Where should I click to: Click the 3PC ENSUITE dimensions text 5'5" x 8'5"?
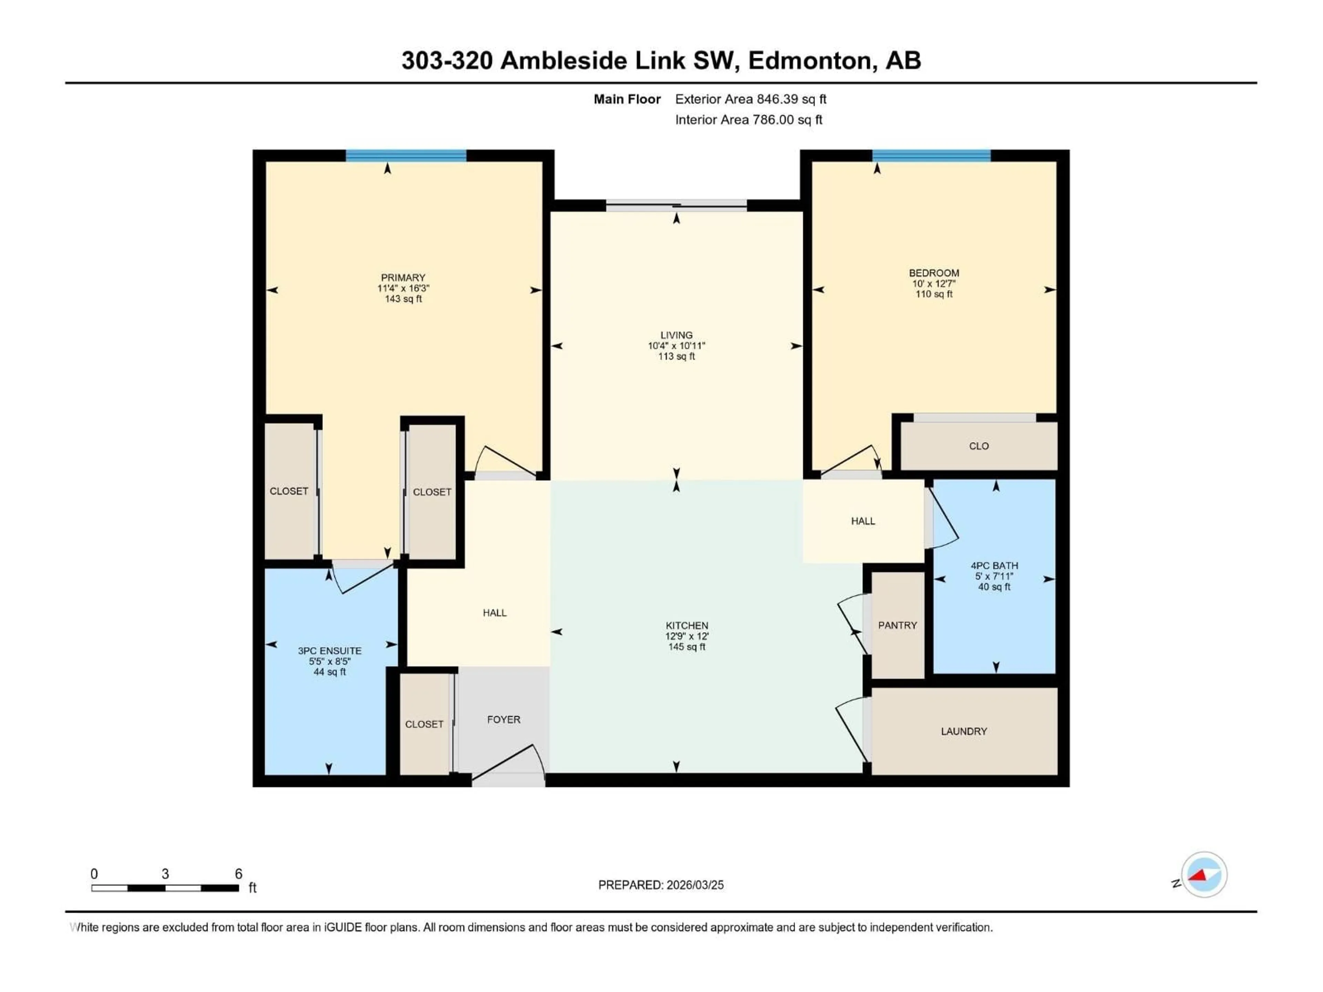click(330, 661)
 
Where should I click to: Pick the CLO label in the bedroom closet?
click(978, 446)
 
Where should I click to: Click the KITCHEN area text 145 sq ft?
click(687, 647)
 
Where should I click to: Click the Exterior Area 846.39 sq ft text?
click(751, 99)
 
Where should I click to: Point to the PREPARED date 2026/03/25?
click(660, 885)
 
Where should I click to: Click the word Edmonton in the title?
click(809, 60)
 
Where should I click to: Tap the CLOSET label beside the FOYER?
click(424, 724)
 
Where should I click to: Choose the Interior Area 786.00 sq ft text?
click(748, 120)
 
